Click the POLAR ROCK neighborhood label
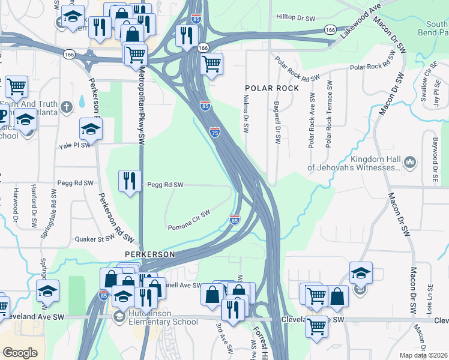[271, 88]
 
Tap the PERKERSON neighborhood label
[149, 254]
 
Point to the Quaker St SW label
[94, 238]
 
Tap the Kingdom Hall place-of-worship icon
[411, 161]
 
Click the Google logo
[20, 353]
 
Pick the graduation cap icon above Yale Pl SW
[91, 128]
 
